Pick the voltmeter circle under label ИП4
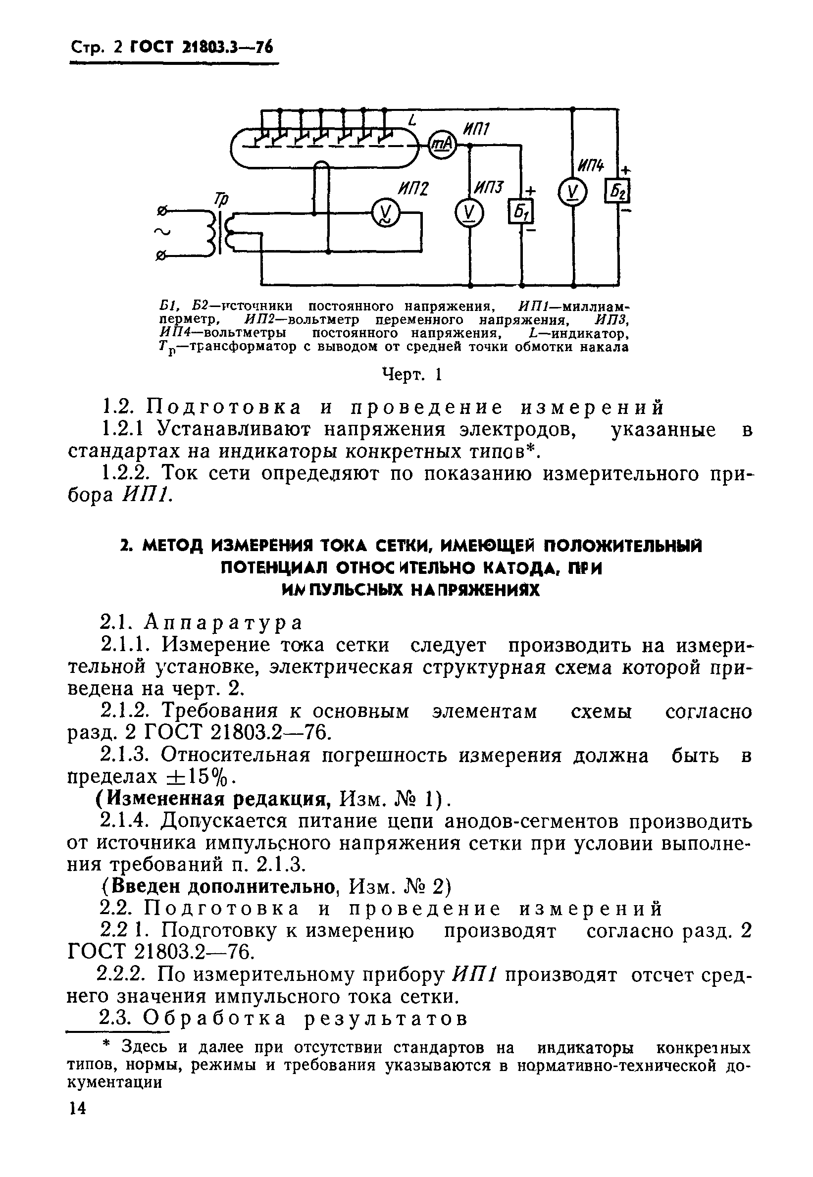572,194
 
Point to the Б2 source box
617,191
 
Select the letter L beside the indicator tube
412,121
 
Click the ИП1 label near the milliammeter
475,129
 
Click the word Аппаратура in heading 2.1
223,622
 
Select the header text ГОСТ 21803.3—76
202,48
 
